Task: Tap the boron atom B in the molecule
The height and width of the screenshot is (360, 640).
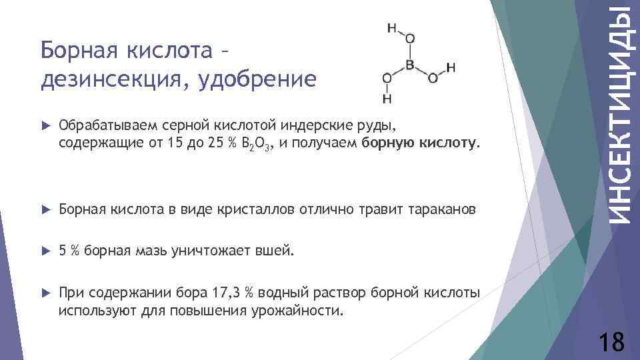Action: pyautogui.click(x=410, y=65)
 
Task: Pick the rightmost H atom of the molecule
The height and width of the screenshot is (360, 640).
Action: pyautogui.click(x=451, y=68)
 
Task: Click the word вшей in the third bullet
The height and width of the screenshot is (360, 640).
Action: pyautogui.click(x=276, y=251)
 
